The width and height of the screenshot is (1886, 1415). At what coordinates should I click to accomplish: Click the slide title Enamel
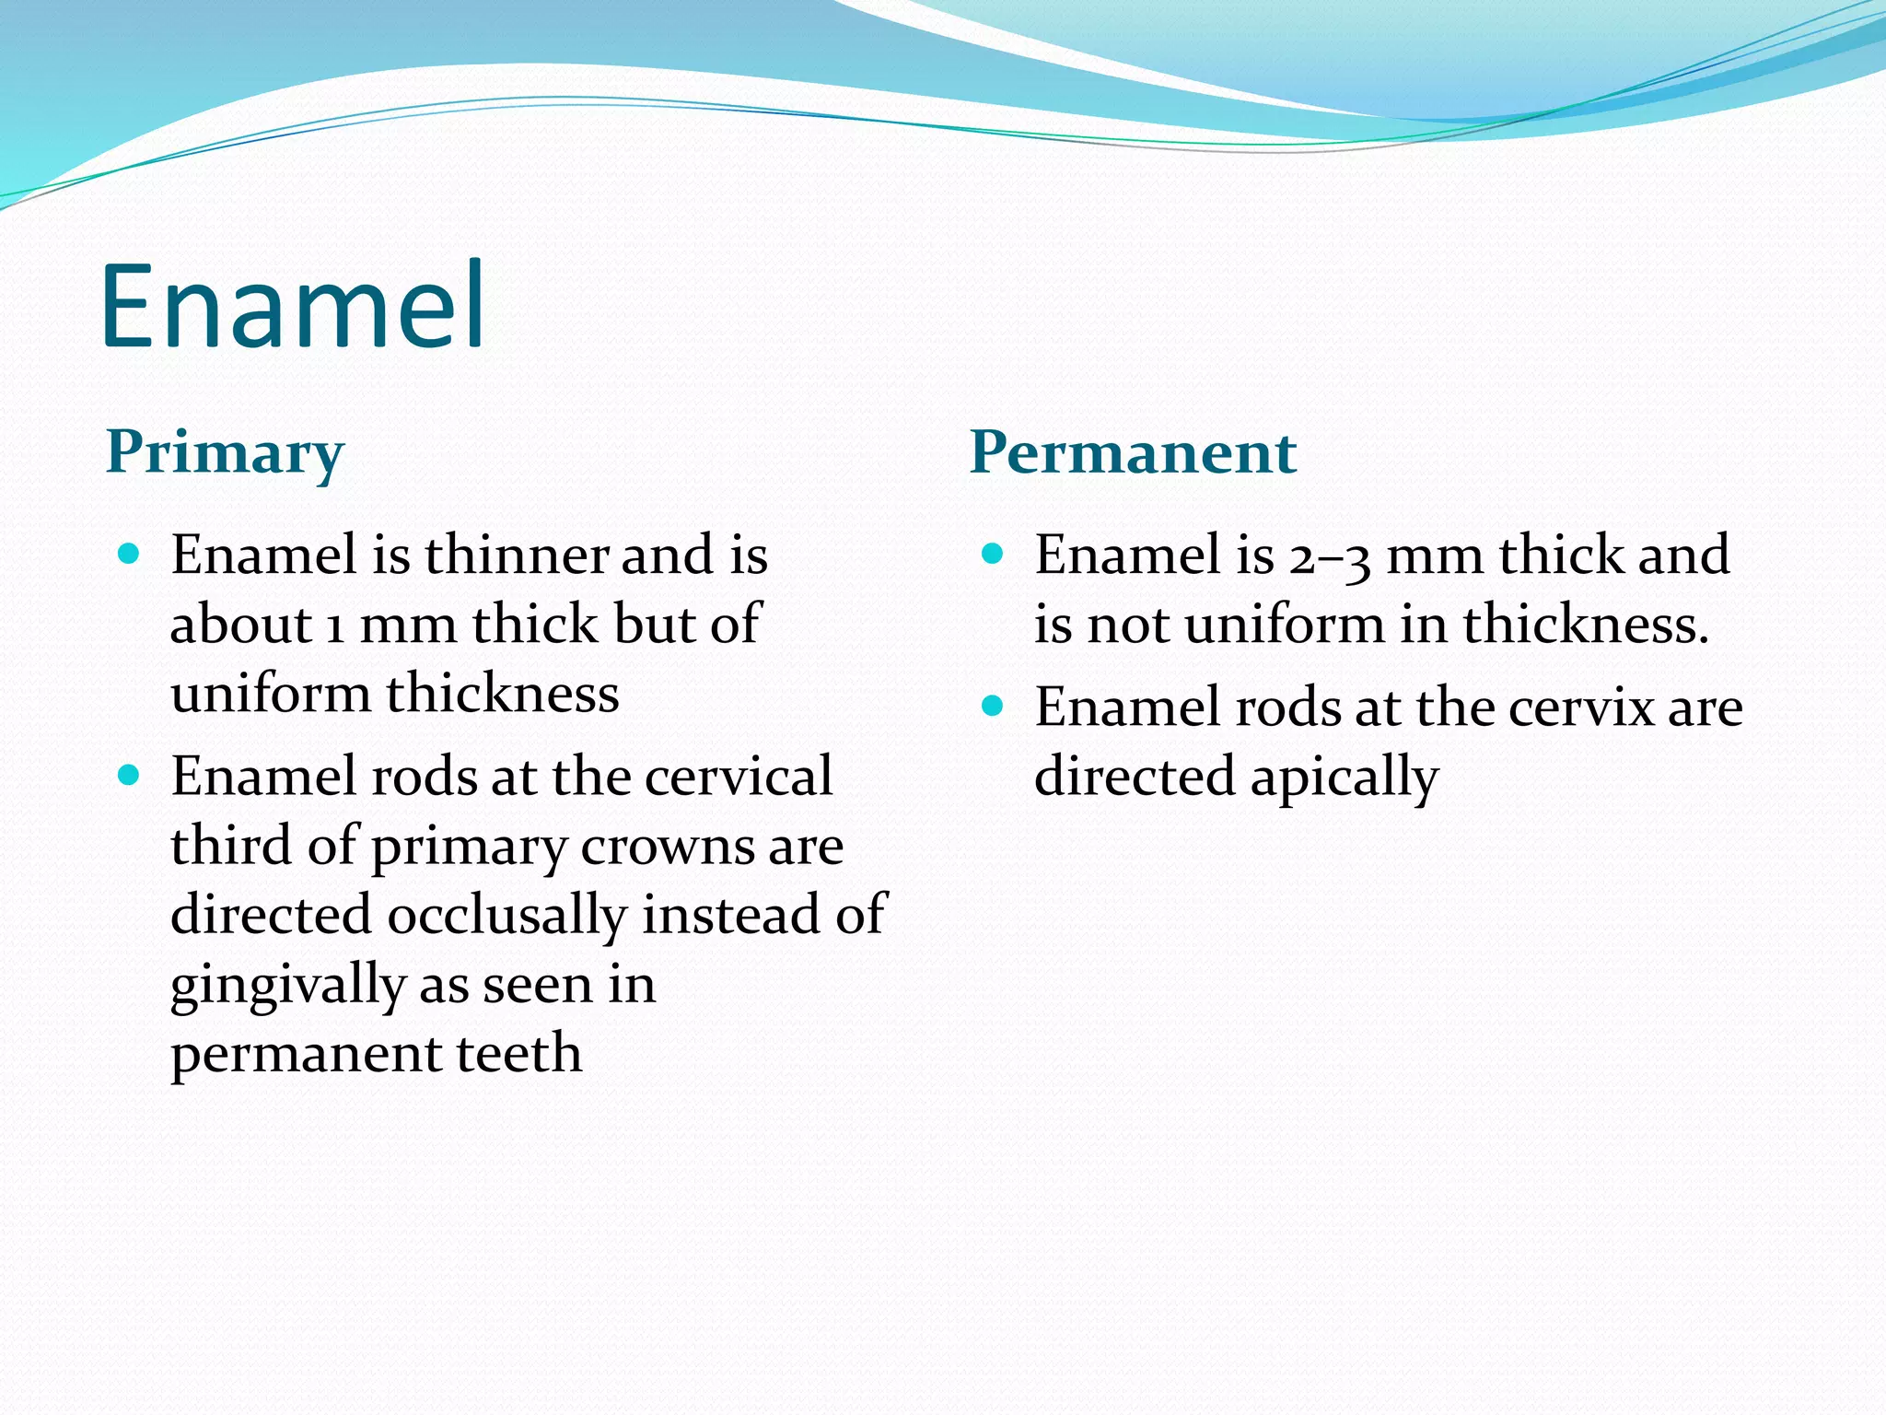(293, 306)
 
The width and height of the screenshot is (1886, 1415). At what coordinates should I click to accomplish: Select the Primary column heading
(225, 453)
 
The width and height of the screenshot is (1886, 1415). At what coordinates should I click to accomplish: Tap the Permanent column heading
(1133, 453)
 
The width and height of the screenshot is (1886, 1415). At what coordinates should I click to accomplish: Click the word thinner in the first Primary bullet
(516, 555)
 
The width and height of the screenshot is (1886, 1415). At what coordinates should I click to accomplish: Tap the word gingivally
(287, 986)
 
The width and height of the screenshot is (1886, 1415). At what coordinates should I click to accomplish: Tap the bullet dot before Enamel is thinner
(129, 554)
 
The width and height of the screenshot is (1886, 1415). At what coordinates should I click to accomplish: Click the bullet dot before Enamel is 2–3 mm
(992, 554)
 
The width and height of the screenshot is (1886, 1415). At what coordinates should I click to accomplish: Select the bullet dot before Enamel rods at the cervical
(129, 775)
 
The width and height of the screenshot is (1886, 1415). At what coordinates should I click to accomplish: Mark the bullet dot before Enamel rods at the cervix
(992, 707)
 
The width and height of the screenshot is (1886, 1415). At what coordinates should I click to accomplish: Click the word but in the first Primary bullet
(653, 626)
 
